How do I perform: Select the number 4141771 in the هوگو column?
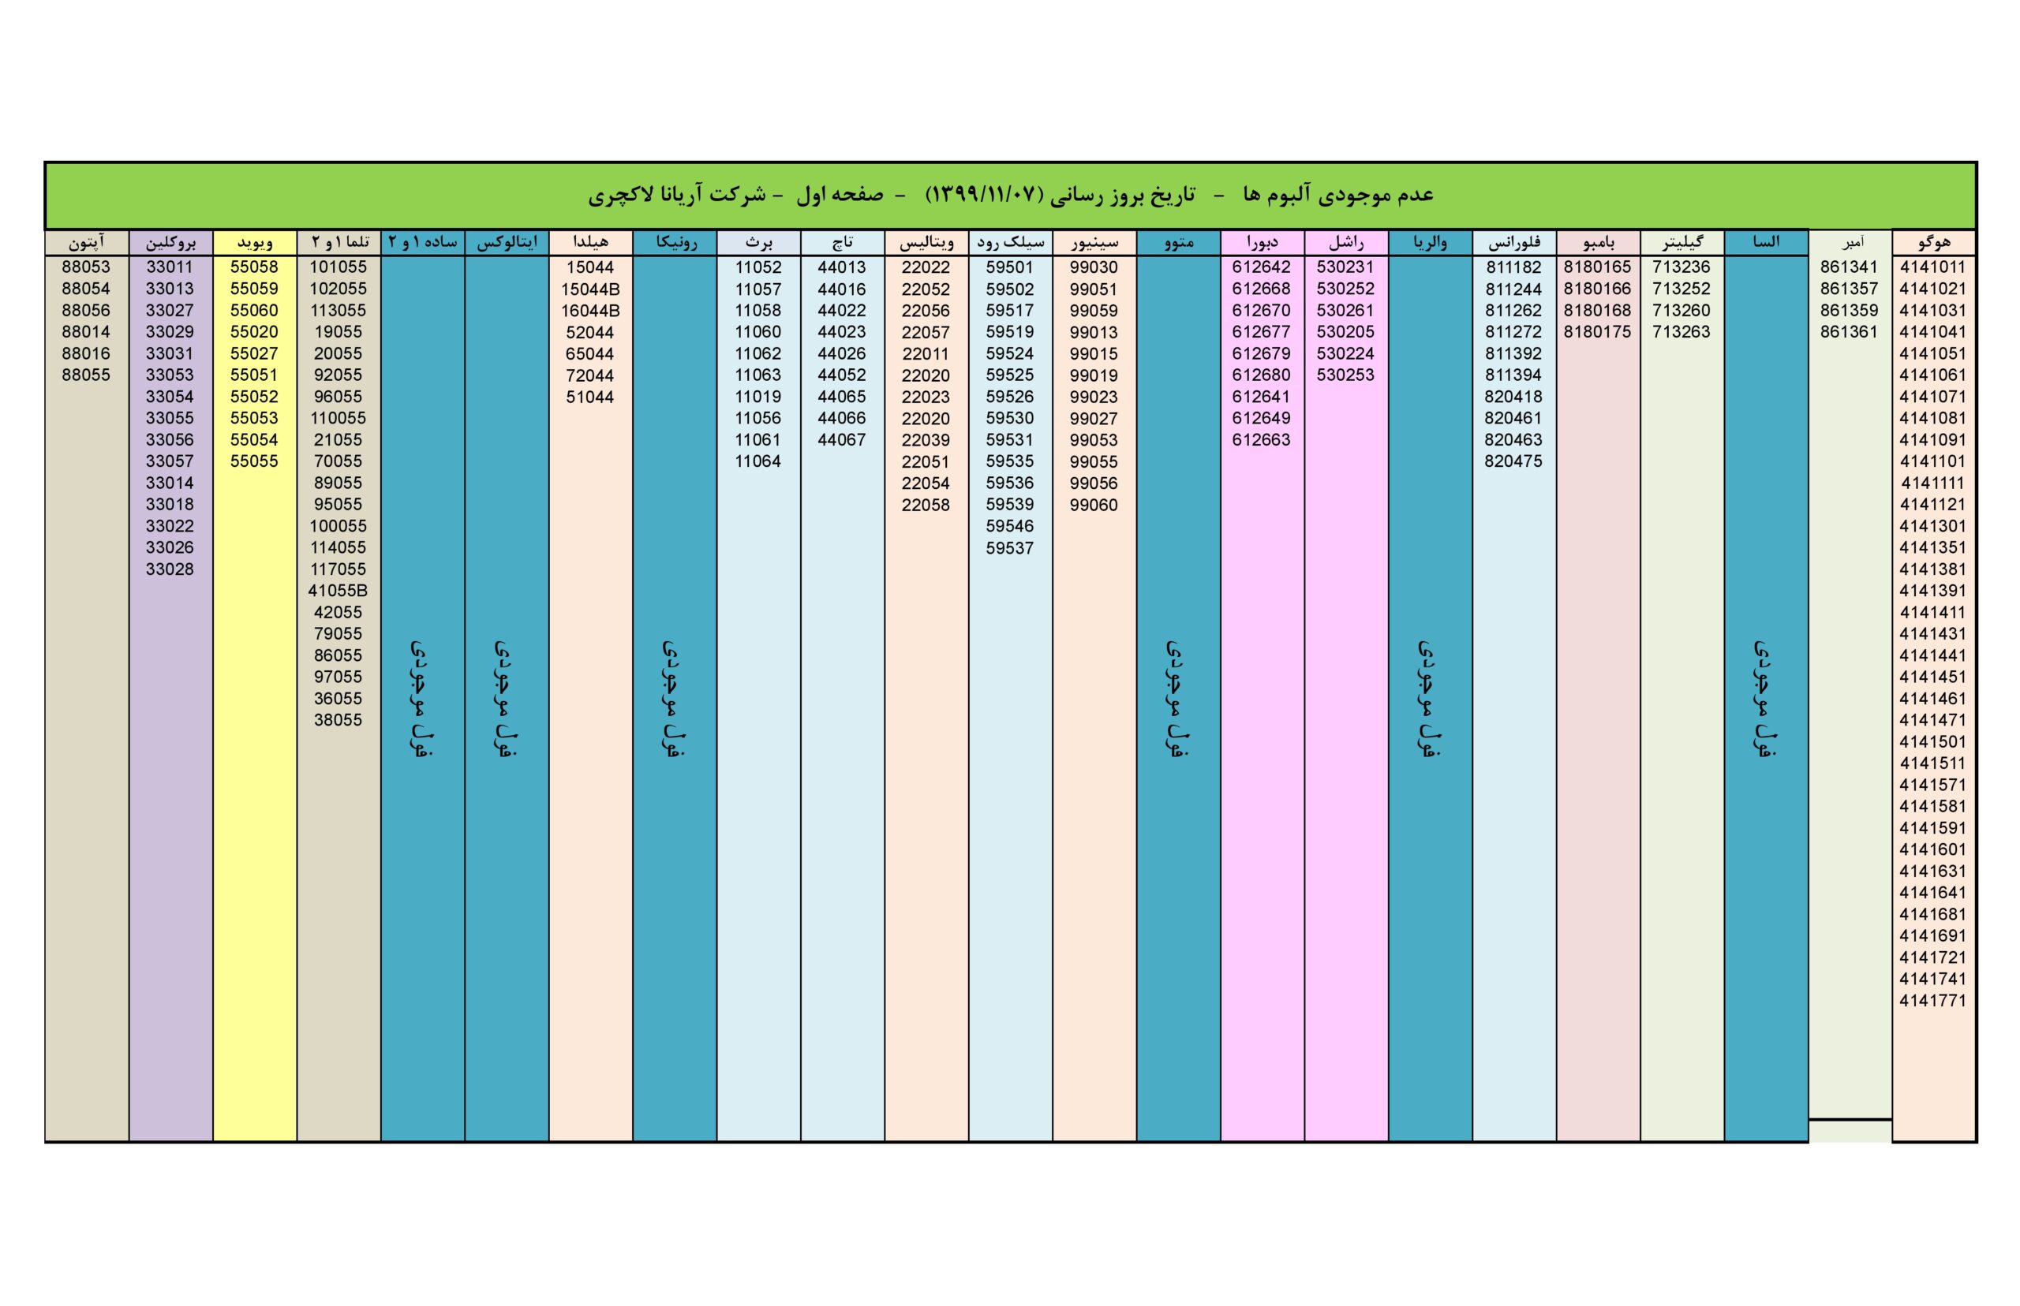[x=1932, y=1001]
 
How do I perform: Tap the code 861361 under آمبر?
[x=1849, y=331]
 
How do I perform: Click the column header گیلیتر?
[x=1681, y=243]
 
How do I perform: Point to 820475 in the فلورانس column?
[x=1513, y=461]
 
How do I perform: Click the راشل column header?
[x=1345, y=243]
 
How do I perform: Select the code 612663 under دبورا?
[x=1261, y=439]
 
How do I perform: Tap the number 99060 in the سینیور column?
[x=1094, y=505]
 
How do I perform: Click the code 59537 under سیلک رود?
[x=1009, y=548]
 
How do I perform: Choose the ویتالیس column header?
[x=926, y=243]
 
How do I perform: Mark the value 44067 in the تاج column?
[x=842, y=439]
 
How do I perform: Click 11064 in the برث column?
[x=757, y=461]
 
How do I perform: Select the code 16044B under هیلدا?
[x=589, y=311]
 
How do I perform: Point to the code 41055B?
[x=338, y=590]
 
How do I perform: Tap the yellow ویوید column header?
[x=255, y=243]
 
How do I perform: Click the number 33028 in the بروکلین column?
[x=170, y=569]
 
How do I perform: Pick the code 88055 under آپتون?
[x=86, y=375]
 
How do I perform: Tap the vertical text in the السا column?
[x=1764, y=699]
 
